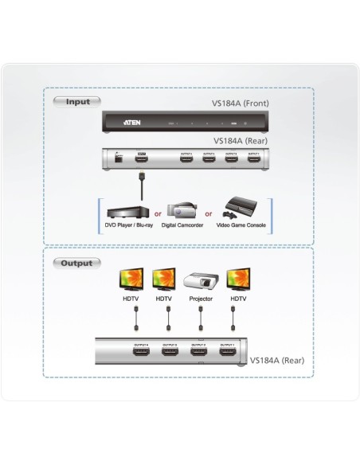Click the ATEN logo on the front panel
pos(133,123)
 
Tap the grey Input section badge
pos(77,102)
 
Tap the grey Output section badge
pos(78,262)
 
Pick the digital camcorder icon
pos(181,209)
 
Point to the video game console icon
pos(240,209)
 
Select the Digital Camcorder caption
pos(182,226)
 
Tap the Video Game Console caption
pos(241,226)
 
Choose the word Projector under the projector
pos(201,300)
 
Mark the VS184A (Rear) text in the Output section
pos(276,360)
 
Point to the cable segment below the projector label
pos(201,322)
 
